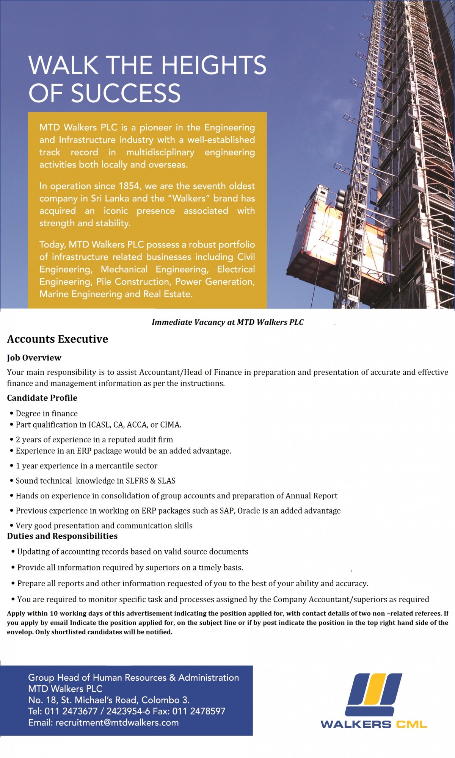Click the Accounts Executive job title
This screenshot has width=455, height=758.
pos(58,339)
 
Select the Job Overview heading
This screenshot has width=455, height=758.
pos(34,358)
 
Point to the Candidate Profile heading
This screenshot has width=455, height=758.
pos(42,398)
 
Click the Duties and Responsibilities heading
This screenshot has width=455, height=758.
pos(62,536)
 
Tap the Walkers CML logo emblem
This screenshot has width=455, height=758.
pos(374,694)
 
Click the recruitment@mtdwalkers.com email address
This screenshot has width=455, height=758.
pos(117,722)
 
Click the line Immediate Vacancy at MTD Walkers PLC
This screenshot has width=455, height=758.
pos(227,322)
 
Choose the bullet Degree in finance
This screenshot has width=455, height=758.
pos(47,413)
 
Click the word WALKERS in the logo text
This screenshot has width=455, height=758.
pos(356,724)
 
